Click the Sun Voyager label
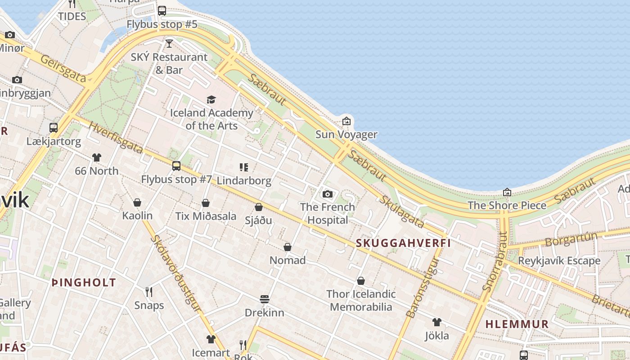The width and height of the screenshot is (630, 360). (x=346, y=135)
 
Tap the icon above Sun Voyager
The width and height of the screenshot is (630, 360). (x=346, y=121)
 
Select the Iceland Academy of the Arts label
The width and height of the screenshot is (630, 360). (x=211, y=119)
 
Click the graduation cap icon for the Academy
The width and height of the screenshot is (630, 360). (x=211, y=99)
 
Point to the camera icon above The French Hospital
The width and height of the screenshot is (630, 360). (x=328, y=194)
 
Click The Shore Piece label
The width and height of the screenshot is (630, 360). (x=507, y=206)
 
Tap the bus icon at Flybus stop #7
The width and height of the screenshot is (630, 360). (x=176, y=166)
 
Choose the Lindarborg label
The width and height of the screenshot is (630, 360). (x=244, y=181)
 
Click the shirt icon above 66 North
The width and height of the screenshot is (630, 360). (x=97, y=157)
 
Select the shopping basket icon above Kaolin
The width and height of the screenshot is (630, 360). (x=137, y=202)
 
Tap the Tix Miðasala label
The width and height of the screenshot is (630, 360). (x=206, y=216)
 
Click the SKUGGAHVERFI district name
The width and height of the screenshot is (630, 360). (x=403, y=243)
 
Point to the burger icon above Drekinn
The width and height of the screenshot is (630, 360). (x=265, y=299)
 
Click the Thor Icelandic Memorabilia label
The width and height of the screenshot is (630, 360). (x=361, y=301)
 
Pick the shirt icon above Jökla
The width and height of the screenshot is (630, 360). (x=436, y=322)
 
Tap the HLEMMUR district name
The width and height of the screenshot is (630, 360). (x=517, y=324)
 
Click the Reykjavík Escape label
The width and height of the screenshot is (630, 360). (x=559, y=261)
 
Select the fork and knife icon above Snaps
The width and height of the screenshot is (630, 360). (x=149, y=292)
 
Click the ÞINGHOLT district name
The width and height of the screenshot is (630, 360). (x=84, y=283)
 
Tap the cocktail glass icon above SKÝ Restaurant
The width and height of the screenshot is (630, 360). (x=169, y=44)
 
